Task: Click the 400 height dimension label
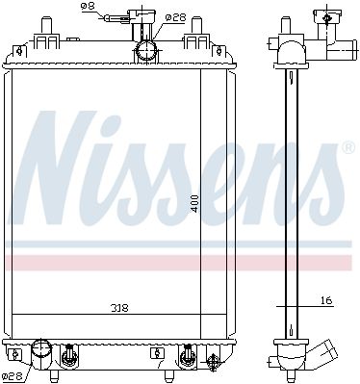tap(194, 204)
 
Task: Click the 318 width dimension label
tap(119, 308)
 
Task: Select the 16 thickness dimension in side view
tap(326, 301)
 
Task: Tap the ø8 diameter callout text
tap(88, 6)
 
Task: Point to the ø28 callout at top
tap(176, 17)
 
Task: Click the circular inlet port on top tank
tap(146, 51)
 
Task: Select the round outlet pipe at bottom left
tap(41, 352)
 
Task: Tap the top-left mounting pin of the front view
tap(45, 25)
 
